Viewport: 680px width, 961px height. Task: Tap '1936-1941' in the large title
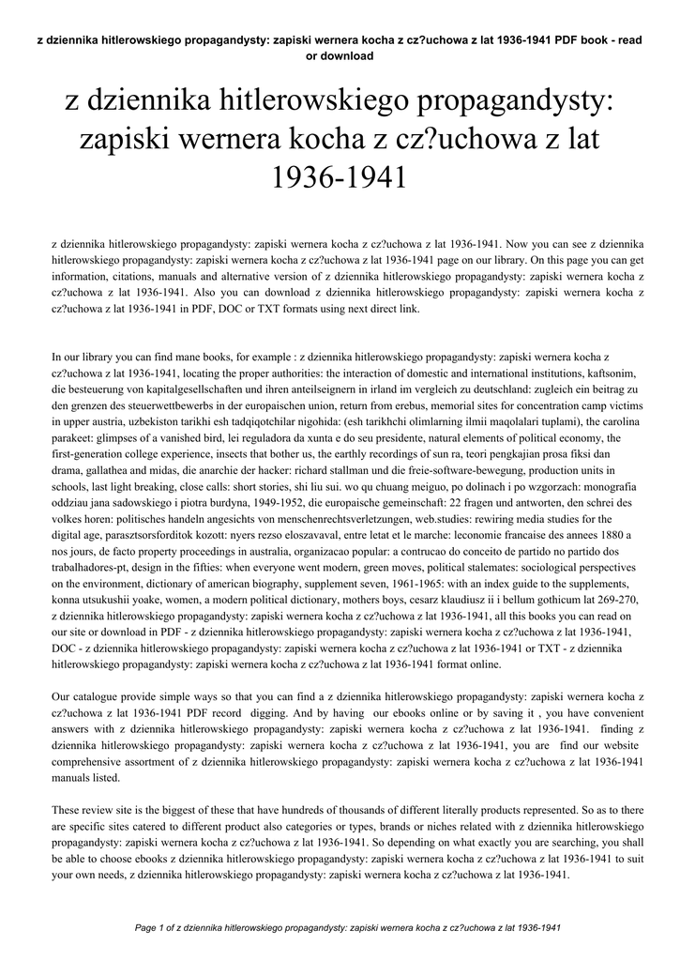pyautogui.click(x=340, y=175)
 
